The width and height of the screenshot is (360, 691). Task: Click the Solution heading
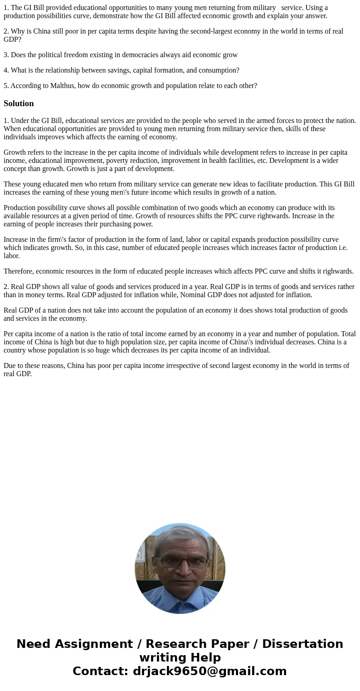pyautogui.click(x=19, y=103)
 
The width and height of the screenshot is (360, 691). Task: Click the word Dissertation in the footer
pyautogui.click(x=302, y=644)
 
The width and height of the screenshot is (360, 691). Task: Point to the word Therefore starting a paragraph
pyautogui.click(x=19, y=271)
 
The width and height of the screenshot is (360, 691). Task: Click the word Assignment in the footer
pyautogui.click(x=91, y=644)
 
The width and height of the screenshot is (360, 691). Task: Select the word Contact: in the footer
pyautogui.click(x=100, y=671)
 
